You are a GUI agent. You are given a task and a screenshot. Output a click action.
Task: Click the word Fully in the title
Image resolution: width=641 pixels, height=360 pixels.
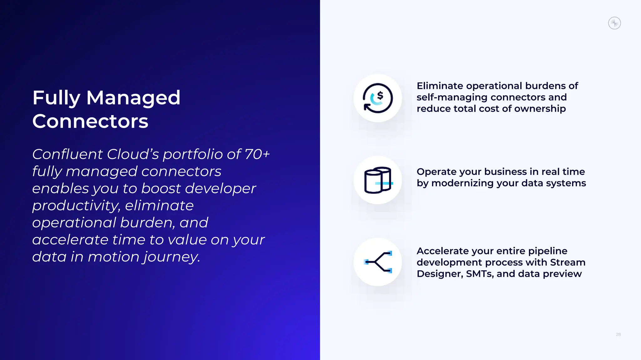[x=56, y=98]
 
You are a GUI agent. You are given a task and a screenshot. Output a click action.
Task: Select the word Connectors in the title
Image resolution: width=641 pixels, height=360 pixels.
[x=90, y=121]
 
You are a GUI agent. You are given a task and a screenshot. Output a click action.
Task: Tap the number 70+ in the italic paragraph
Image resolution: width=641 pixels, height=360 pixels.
[x=257, y=154]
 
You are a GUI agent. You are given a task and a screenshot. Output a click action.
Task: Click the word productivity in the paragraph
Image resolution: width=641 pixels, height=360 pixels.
[x=76, y=206]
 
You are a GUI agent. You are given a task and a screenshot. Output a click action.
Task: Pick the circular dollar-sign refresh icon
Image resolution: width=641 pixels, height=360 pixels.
[x=377, y=98]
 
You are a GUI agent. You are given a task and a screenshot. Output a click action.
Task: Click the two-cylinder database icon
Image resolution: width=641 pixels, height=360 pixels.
[x=377, y=180]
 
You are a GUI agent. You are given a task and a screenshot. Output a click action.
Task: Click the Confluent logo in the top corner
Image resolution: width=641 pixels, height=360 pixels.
[x=614, y=23]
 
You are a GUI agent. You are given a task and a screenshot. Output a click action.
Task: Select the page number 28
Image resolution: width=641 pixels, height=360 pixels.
[x=618, y=334]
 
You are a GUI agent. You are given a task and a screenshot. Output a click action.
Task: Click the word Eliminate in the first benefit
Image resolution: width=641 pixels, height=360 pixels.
[x=439, y=86]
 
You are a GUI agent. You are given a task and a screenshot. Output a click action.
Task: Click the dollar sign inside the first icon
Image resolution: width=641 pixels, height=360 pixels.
[x=380, y=95]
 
